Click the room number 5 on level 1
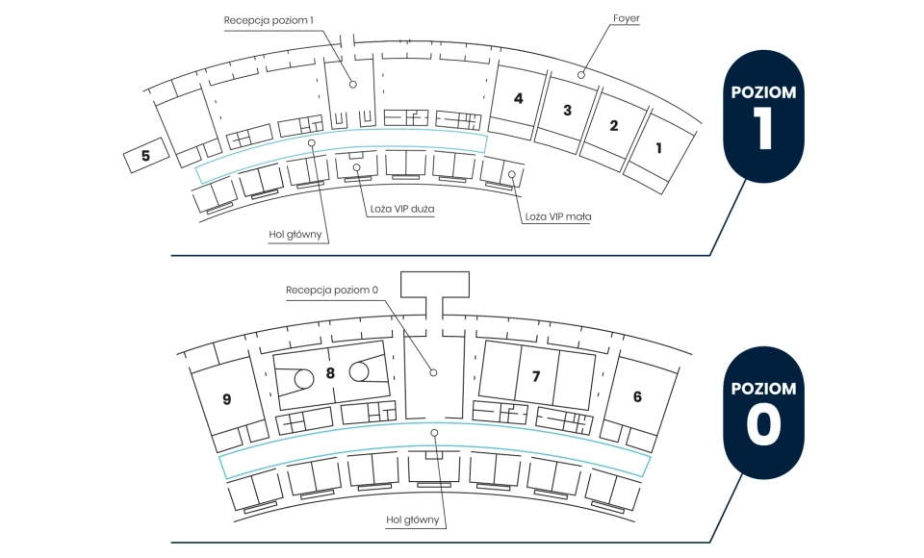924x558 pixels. point(145,156)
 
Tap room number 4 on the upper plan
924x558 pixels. point(518,98)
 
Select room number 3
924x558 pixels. point(567,111)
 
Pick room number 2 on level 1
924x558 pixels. point(613,125)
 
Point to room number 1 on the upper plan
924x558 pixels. point(658,148)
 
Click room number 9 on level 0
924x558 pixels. point(227,399)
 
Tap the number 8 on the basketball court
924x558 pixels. point(330,372)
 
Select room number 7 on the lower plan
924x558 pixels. point(536,376)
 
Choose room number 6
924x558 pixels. point(637,396)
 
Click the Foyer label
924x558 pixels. point(626,18)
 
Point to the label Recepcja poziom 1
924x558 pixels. point(269,20)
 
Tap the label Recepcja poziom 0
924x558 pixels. point(332,290)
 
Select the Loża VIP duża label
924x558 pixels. point(402,209)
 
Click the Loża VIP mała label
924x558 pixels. point(558,216)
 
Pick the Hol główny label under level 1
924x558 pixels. point(295,235)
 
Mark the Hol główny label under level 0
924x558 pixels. point(413,520)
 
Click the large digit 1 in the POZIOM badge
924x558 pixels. point(763,128)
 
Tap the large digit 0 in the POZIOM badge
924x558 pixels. point(763,425)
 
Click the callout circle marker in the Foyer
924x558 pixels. point(581,75)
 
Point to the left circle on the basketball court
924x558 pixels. point(304,379)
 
